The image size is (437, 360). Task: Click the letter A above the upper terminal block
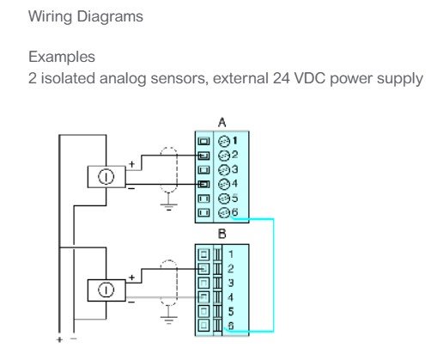pyautogui.click(x=222, y=123)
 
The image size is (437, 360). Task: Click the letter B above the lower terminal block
pyautogui.click(x=222, y=234)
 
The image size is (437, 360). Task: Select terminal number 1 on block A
pyautogui.click(x=235, y=140)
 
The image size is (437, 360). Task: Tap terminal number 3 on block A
pyautogui.click(x=234, y=169)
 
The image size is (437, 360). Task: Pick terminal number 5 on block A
pyautogui.click(x=234, y=198)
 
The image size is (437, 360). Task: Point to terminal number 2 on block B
pyautogui.click(x=231, y=268)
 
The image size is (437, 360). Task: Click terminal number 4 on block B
pyautogui.click(x=231, y=297)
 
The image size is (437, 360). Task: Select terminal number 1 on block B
pyautogui.click(x=231, y=254)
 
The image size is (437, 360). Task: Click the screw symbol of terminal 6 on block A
pyautogui.click(x=224, y=212)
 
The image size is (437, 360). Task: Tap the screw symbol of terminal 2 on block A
pyautogui.click(x=224, y=156)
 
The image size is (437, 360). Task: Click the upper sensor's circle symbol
pyautogui.click(x=106, y=177)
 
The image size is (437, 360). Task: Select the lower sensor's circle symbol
pyautogui.click(x=106, y=290)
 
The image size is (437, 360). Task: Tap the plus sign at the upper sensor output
pyautogui.click(x=131, y=164)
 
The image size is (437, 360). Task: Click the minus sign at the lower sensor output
pyautogui.click(x=131, y=302)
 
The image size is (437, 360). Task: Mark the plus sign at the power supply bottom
pyautogui.click(x=59, y=339)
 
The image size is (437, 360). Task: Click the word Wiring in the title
pyautogui.click(x=50, y=16)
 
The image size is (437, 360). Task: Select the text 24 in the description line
pyautogui.click(x=282, y=78)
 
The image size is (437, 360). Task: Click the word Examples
pyautogui.click(x=62, y=57)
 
